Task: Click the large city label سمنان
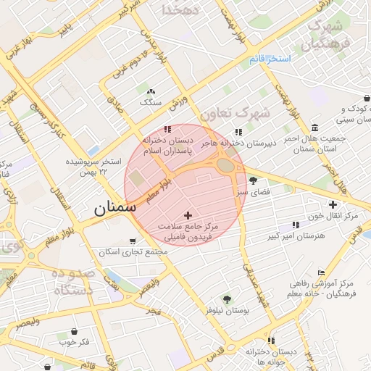pyautogui.click(x=114, y=208)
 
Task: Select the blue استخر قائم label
pyautogui.click(x=269, y=58)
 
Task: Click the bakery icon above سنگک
pyautogui.click(x=151, y=92)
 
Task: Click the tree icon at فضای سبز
pyautogui.click(x=252, y=180)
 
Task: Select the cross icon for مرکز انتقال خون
pyautogui.click(x=333, y=205)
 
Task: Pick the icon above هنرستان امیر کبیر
pyautogui.click(x=295, y=225)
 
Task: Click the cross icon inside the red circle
pyautogui.click(x=188, y=215)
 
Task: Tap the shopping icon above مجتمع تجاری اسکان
pyautogui.click(x=131, y=241)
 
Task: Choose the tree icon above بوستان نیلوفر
pyautogui.click(x=227, y=299)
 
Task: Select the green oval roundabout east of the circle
pyautogui.click(x=225, y=165)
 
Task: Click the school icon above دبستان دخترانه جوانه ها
pyautogui.click(x=270, y=340)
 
